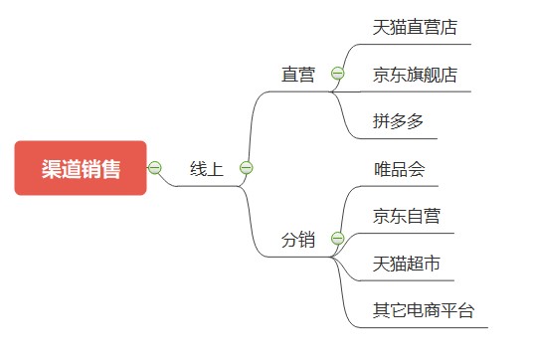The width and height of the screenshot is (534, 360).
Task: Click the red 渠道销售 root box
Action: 81,168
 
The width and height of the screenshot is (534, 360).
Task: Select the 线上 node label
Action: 207,169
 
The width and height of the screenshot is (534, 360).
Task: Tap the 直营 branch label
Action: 297,75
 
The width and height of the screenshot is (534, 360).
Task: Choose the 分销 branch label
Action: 297,240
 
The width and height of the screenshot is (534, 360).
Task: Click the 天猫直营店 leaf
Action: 415,27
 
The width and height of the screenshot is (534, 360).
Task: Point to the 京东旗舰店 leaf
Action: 415,75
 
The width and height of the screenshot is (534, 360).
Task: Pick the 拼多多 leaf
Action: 399,121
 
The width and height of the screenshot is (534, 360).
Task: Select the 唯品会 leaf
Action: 399,168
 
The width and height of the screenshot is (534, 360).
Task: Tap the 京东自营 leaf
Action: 407,216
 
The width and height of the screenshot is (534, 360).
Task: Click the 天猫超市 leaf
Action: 407,264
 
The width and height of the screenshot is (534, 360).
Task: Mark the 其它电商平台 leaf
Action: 424,310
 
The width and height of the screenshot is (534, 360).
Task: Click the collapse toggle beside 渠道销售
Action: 155,168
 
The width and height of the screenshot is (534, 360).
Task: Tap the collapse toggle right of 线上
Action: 246,168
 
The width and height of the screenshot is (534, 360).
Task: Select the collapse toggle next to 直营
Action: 337,74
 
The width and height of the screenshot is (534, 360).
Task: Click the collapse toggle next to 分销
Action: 337,239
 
